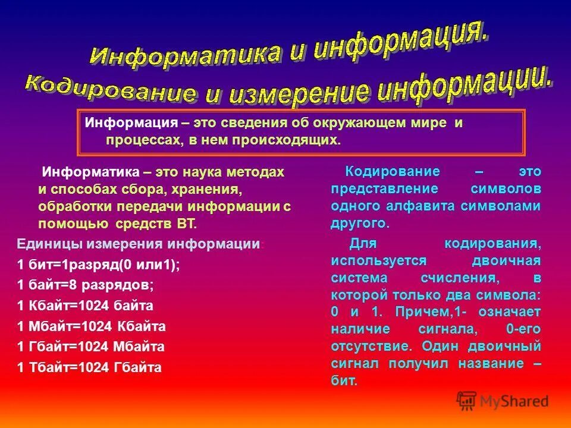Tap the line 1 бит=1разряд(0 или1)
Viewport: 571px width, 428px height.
pyautogui.click(x=98, y=266)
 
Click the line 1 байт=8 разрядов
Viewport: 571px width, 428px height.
pyautogui.click(x=86, y=285)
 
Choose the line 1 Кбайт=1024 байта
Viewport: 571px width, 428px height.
pyautogui.click(x=86, y=306)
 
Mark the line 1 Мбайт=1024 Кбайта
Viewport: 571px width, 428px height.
pyautogui.click(x=92, y=326)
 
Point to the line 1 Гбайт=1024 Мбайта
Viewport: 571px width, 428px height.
pyautogui.click(x=91, y=347)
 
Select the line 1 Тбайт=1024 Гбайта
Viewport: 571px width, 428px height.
pyautogui.click(x=90, y=367)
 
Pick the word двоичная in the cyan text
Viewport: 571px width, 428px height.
pyautogui.click(x=506, y=261)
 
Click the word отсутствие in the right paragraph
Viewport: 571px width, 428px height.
pyautogui.click(x=362, y=346)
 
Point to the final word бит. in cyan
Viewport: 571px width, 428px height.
pyautogui.click(x=344, y=381)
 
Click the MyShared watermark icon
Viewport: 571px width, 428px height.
pyautogui.click(x=466, y=401)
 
